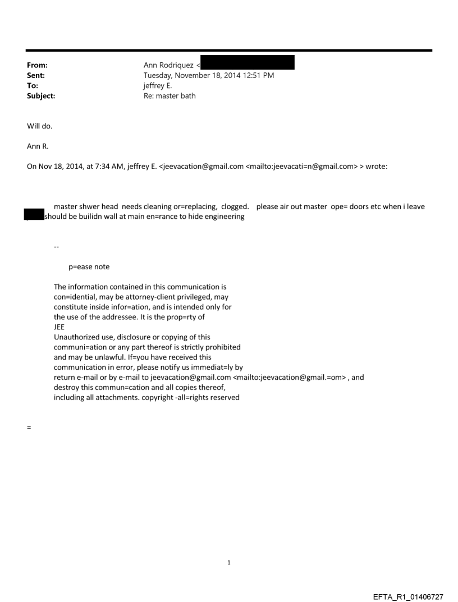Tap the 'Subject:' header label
pos(41,96)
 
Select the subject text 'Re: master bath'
pos(171,96)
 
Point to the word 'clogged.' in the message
pos(235,206)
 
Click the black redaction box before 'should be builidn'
pos(34,214)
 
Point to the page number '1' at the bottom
pos(229,562)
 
